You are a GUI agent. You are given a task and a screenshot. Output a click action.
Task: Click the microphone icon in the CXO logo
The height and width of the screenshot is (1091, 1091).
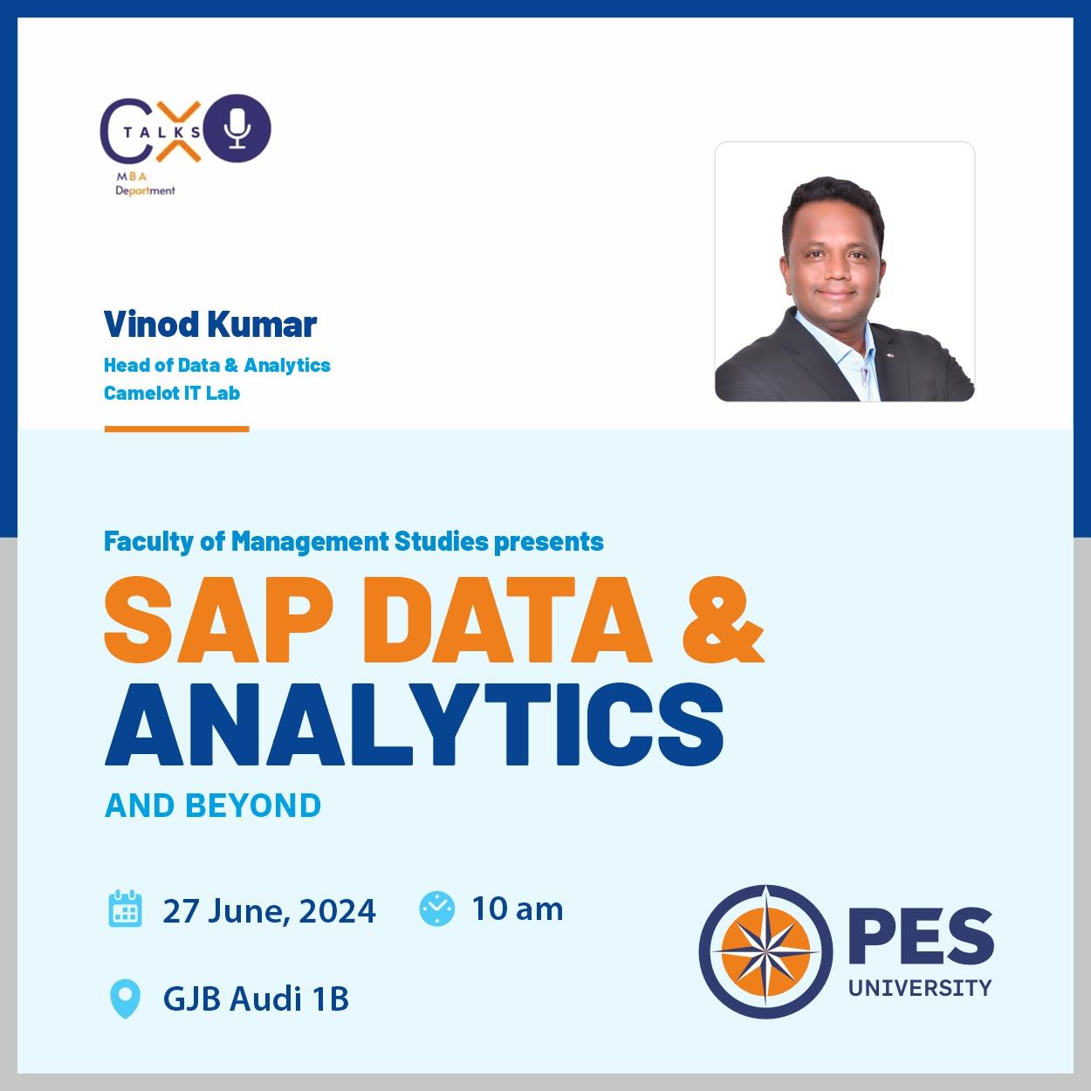click(237, 128)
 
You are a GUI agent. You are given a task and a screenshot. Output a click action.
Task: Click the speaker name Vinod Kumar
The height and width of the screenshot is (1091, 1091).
click(210, 325)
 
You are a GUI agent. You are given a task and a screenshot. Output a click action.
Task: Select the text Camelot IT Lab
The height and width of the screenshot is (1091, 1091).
click(172, 393)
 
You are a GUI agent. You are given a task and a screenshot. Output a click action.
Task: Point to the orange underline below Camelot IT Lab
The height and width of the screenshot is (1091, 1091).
click(176, 429)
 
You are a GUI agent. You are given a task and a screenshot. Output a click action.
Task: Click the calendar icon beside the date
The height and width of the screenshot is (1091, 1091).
click(125, 909)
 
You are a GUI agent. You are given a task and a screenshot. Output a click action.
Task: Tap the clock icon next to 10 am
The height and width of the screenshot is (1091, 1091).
click(436, 909)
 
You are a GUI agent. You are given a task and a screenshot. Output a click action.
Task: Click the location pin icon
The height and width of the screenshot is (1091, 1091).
click(125, 998)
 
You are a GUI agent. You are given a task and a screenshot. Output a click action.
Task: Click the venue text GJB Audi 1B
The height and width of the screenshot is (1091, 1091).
click(256, 998)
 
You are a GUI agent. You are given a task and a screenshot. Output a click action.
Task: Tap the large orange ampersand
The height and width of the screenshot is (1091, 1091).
click(724, 620)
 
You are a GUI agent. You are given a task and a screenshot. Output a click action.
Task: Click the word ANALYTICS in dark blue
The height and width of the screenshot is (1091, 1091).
click(415, 724)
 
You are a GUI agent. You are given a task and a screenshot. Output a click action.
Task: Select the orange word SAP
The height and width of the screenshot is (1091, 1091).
click(219, 620)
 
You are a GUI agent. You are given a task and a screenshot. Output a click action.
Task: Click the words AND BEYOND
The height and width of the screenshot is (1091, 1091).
click(213, 806)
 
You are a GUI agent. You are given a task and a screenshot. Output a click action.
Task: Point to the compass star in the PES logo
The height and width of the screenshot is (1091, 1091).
click(765, 951)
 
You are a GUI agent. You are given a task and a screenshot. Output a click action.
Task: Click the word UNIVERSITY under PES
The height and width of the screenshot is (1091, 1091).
click(920, 988)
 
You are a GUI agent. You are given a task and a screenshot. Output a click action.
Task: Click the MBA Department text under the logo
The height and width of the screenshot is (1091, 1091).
click(145, 184)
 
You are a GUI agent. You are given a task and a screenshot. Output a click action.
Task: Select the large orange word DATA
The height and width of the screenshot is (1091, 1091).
click(508, 620)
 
